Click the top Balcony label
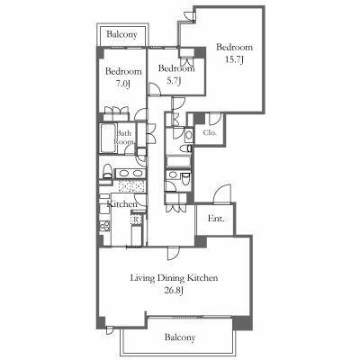pos(121,34)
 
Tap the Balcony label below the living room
pos(180,337)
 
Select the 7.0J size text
pos(122,84)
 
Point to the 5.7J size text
pos(173,80)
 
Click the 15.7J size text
pos(234,59)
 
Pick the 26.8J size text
pos(174,290)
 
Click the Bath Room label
pos(124,138)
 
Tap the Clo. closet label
pos(210,132)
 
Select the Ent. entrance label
pos(216,219)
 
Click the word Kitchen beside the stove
pos(122,204)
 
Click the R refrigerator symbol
pos(136,220)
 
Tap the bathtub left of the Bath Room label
pos(107,138)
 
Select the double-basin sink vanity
pos(130,173)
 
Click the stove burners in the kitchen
pos(104,226)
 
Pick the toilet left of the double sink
pos(106,171)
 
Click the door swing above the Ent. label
pos(222,194)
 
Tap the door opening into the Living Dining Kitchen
pos(174,253)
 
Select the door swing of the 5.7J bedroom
pos(155,89)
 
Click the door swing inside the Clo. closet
pos(215,119)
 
